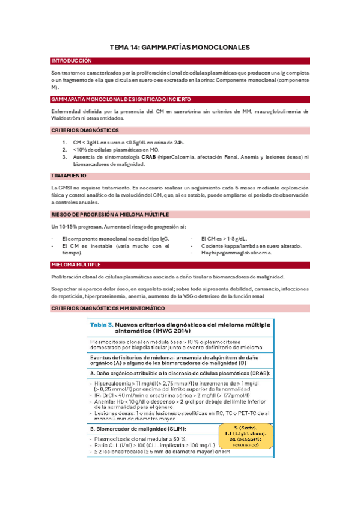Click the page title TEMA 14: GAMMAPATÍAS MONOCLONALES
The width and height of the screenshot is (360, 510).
coord(180,46)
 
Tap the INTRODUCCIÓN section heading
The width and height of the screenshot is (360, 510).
coord(72,61)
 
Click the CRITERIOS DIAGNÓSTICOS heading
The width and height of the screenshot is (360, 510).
coord(85,130)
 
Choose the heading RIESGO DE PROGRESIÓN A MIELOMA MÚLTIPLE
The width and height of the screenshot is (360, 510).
coord(110,214)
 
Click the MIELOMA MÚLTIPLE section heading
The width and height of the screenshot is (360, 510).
coord(76,265)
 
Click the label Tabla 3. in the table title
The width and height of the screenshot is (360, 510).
coord(102,325)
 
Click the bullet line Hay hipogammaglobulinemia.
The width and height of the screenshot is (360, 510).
coord(228,253)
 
